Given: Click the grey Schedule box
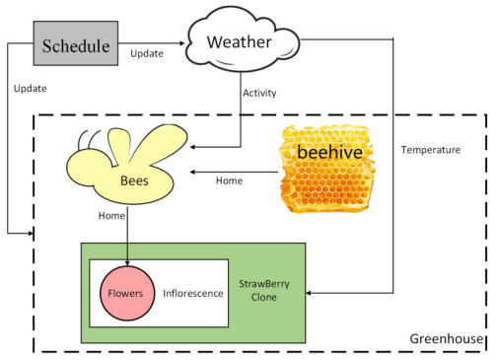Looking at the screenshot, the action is [76, 43].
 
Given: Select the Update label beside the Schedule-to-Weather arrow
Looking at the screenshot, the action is [147, 53].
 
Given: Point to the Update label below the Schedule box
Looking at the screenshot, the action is [30, 89].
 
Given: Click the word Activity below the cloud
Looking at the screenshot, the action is [259, 93].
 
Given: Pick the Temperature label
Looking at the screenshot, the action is [431, 150].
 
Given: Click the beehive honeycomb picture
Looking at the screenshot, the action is [327, 169].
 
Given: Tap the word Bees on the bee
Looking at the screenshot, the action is [134, 180].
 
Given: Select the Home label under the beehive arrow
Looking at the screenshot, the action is [229, 180].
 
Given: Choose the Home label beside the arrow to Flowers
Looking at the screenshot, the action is [111, 216].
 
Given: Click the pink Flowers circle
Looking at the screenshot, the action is [127, 293].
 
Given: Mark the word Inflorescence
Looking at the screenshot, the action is [193, 293].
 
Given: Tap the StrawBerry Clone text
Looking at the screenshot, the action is [264, 290].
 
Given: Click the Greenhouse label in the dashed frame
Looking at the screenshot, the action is [447, 338].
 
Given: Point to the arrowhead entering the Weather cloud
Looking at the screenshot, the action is [181, 43].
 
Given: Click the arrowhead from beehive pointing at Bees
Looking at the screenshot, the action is [193, 172].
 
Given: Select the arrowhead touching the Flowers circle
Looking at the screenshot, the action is [127, 262].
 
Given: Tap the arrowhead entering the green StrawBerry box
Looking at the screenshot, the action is [309, 293].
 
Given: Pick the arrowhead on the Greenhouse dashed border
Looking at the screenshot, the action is [31, 234].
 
